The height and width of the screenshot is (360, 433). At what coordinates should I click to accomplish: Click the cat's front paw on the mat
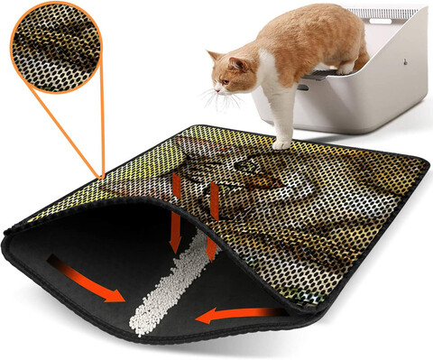click(x=281, y=143)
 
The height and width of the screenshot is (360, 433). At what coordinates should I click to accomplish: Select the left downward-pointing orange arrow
click(x=177, y=212)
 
